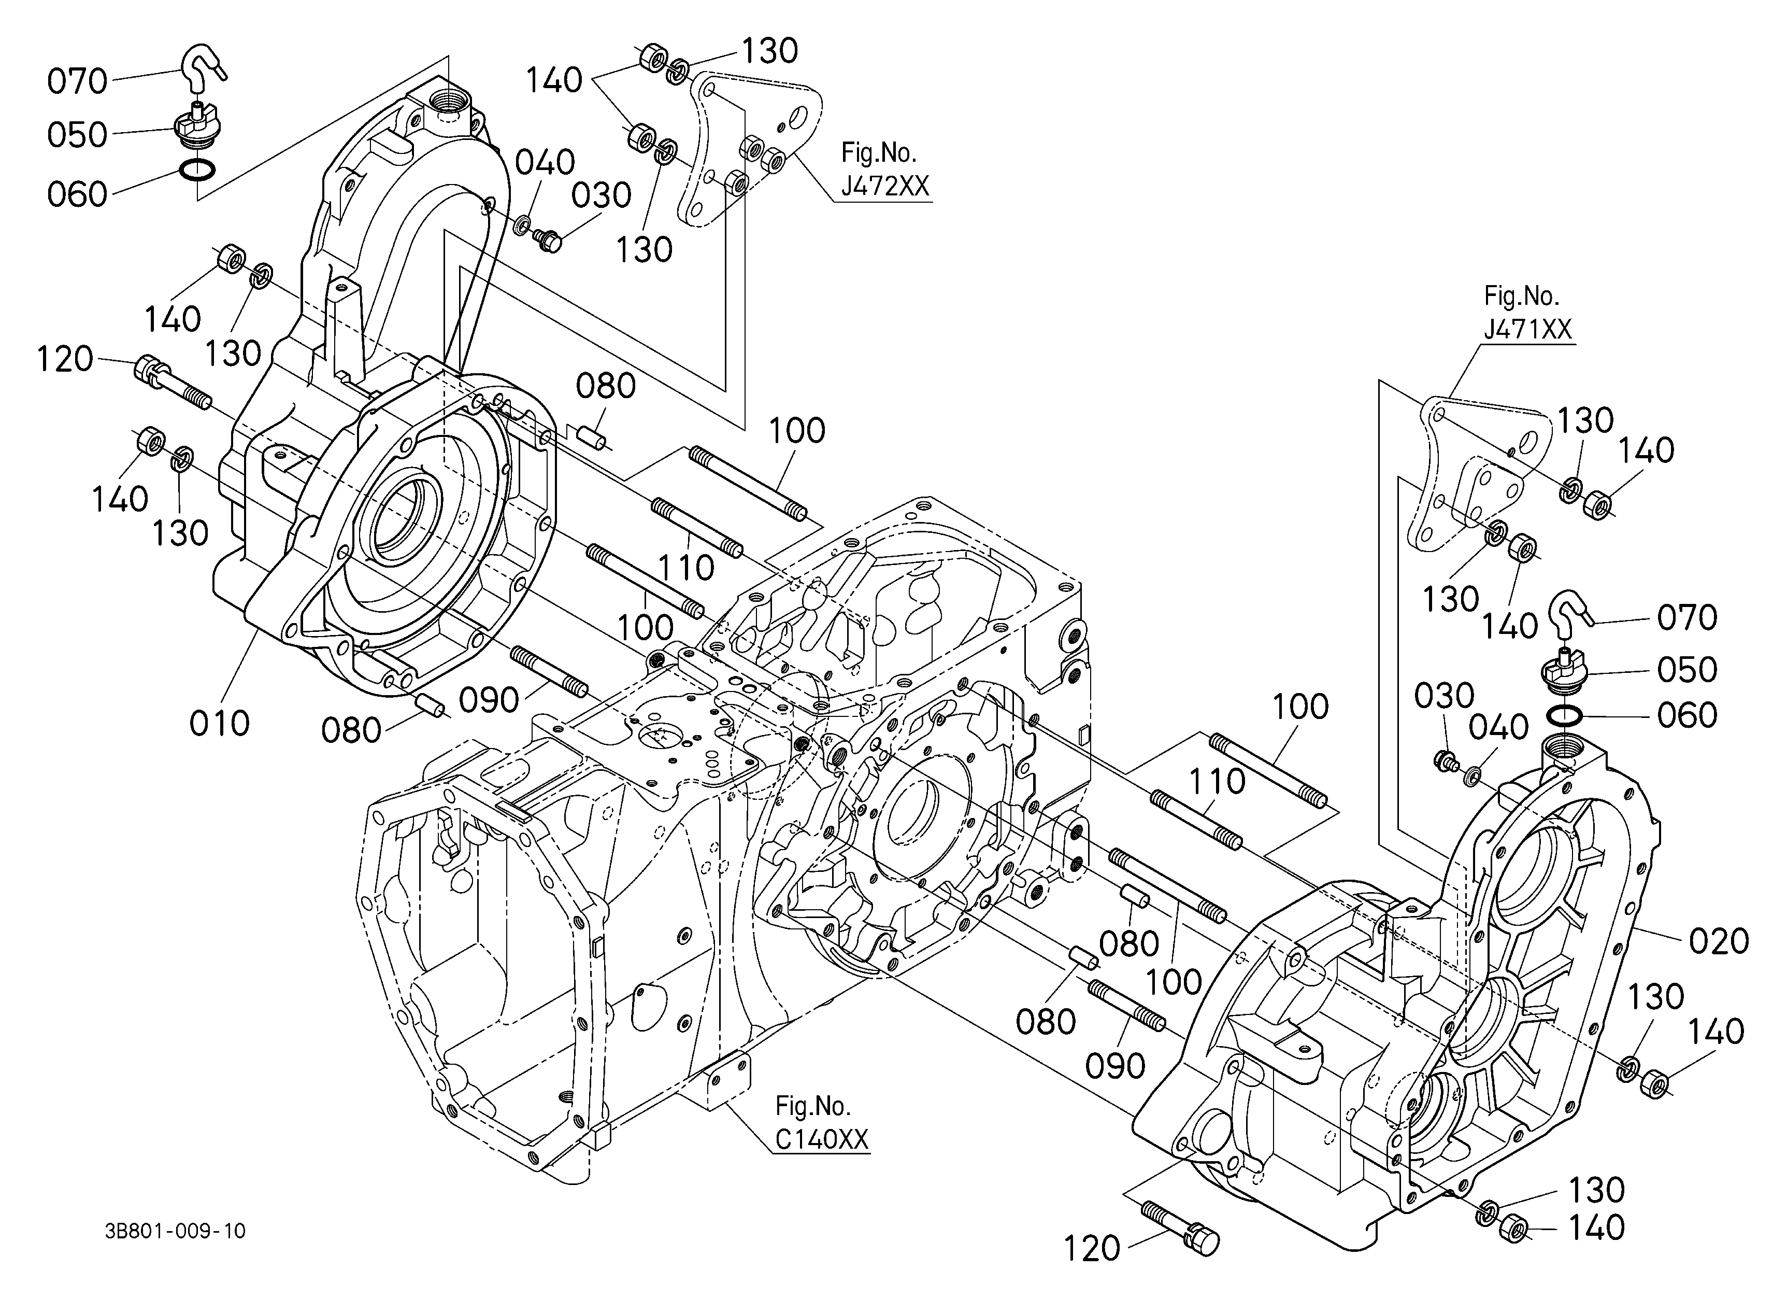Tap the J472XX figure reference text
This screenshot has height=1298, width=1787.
click(885, 186)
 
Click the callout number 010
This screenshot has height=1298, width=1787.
click(219, 723)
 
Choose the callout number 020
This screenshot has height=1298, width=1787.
click(1719, 941)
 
